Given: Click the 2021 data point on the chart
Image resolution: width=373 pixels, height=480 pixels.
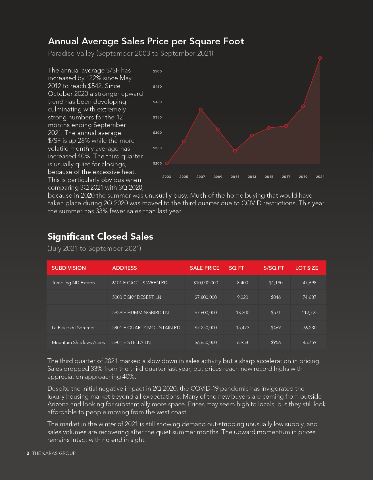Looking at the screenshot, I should [x=320, y=58].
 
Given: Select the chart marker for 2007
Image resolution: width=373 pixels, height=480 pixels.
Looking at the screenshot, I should [x=201, y=109].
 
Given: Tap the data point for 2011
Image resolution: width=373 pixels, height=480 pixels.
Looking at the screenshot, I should [x=235, y=151].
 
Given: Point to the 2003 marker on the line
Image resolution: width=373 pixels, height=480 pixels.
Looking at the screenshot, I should [x=167, y=163].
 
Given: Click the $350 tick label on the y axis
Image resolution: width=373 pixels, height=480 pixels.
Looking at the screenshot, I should [x=157, y=117].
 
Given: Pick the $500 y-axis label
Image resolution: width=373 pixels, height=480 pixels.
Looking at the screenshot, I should [x=157, y=71].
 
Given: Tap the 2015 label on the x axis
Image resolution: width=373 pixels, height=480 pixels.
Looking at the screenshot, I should [x=269, y=177].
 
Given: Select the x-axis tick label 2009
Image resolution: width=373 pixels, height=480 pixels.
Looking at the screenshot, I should [x=218, y=177].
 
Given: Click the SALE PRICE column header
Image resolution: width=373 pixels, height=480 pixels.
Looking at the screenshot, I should [x=205, y=268].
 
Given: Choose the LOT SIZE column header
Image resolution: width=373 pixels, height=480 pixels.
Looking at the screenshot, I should [x=307, y=268].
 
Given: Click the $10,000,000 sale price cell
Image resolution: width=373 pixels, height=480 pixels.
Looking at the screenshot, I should [x=206, y=283].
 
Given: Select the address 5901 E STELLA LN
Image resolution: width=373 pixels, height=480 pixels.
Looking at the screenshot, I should [x=132, y=342].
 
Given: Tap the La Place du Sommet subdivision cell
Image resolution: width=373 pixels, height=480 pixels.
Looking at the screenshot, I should [x=73, y=328].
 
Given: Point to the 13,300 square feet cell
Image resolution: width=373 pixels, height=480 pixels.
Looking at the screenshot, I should [x=243, y=313].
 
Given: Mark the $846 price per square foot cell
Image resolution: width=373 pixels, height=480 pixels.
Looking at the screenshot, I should [x=276, y=297].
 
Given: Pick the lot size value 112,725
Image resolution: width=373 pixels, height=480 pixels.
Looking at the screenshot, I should [x=309, y=313].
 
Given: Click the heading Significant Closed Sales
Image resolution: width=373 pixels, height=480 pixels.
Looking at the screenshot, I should [x=100, y=237].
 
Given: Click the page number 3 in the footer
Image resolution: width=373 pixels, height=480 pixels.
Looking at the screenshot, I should [x=28, y=453].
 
